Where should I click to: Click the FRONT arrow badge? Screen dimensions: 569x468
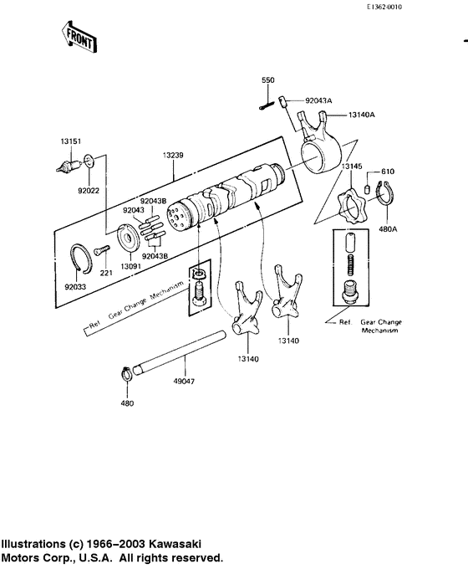(x=78, y=38)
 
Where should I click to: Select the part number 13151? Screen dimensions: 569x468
(x=69, y=141)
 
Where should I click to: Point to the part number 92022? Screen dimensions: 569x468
(x=89, y=191)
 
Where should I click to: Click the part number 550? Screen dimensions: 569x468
(x=268, y=79)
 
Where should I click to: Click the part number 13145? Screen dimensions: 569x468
(x=353, y=167)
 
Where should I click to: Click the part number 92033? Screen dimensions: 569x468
(x=75, y=286)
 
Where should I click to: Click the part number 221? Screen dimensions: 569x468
(x=106, y=273)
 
